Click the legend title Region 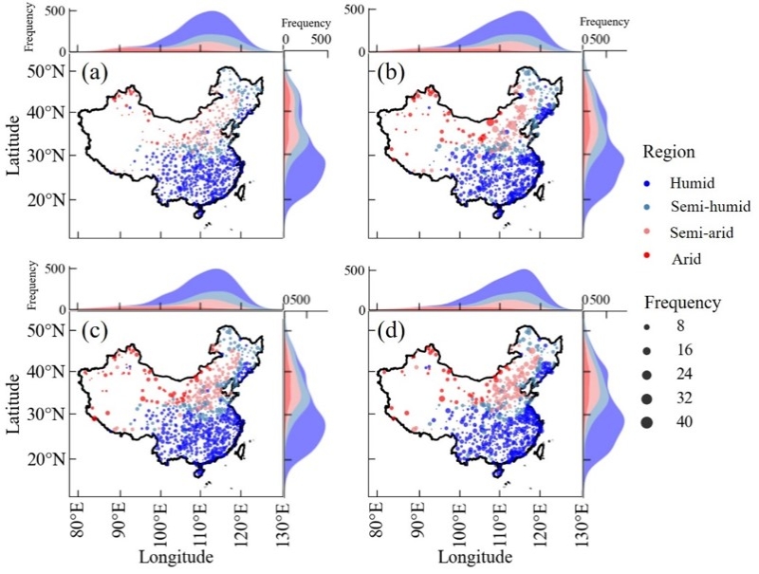coord(667,151)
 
